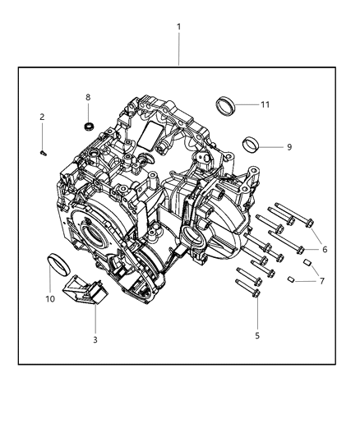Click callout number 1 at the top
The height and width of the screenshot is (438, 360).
pyautogui.click(x=178, y=26)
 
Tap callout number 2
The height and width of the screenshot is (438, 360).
pyautogui.click(x=42, y=117)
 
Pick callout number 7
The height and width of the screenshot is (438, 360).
pyautogui.click(x=321, y=281)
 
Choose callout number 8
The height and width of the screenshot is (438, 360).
pyautogui.click(x=88, y=98)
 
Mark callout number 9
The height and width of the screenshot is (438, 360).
pyautogui.click(x=288, y=147)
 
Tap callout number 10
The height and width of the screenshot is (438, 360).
pyautogui.click(x=49, y=298)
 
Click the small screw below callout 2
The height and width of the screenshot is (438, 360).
pyautogui.click(x=43, y=150)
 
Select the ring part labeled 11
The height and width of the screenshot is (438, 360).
pyautogui.click(x=224, y=105)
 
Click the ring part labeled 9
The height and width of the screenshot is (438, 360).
pyautogui.click(x=252, y=147)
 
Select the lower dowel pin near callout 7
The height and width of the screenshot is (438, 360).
pyautogui.click(x=291, y=280)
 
